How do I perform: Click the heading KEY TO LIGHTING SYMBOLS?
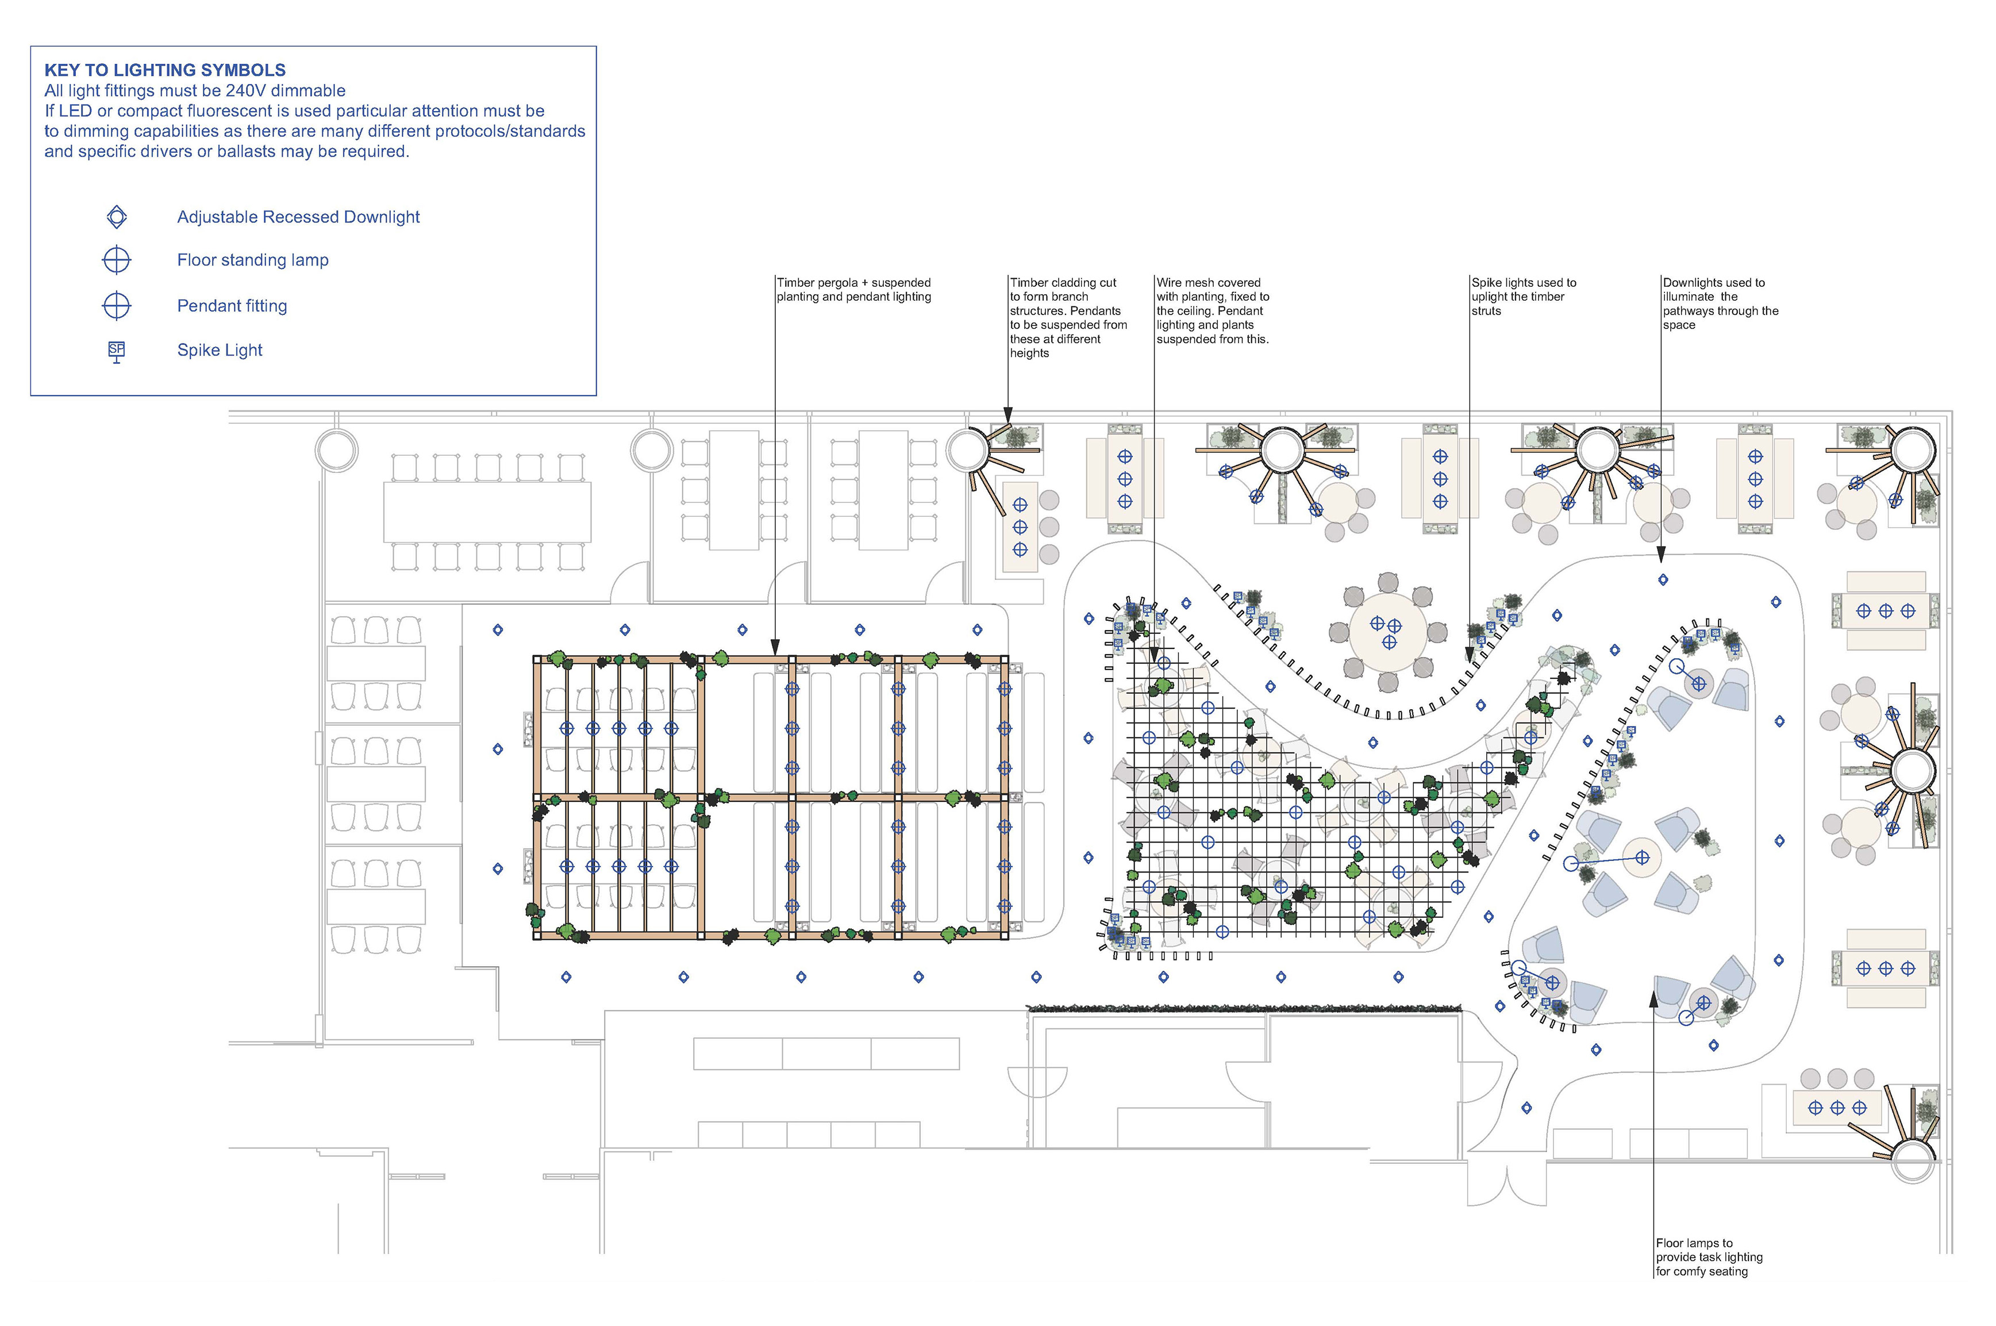165,70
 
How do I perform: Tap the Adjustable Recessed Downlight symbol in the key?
117,217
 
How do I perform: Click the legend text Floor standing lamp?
253,260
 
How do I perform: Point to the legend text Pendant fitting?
232,306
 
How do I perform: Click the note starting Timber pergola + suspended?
854,289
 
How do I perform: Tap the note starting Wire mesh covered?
1212,310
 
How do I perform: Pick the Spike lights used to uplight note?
1524,296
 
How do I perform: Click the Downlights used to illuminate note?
1720,303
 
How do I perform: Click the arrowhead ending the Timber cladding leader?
1007,415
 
